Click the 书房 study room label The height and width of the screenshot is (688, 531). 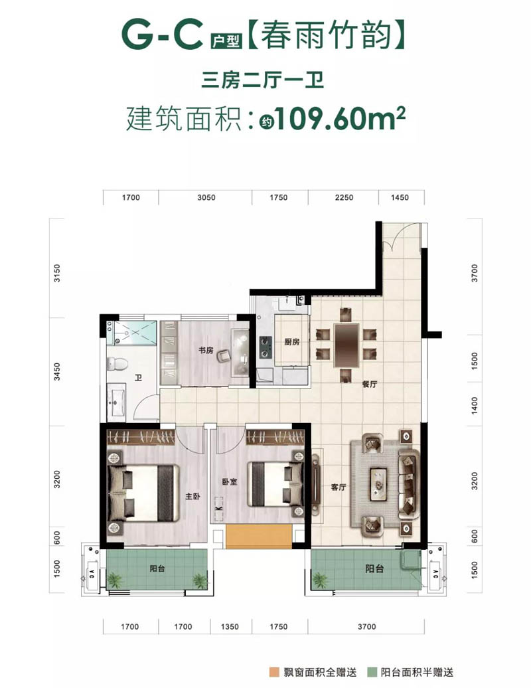point(206,350)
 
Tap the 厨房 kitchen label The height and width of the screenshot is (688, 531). point(291,342)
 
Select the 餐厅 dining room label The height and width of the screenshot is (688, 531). point(369,385)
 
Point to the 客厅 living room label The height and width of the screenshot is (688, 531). point(339,487)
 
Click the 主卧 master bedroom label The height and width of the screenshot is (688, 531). point(192,496)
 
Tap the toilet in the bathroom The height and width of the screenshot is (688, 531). point(117,363)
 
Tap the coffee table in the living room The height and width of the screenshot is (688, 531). point(378,484)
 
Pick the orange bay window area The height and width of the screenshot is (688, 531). point(258,536)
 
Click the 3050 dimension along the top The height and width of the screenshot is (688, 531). point(206,197)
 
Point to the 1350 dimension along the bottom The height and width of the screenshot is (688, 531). point(230,627)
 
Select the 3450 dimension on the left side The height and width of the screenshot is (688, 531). point(57,371)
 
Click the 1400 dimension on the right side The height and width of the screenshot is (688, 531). point(475,404)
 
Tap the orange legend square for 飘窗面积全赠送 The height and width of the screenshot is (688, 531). point(274,672)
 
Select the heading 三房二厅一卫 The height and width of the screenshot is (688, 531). point(262,81)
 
